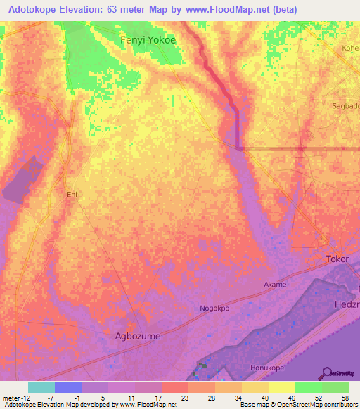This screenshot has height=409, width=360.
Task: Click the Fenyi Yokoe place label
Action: [x=148, y=40]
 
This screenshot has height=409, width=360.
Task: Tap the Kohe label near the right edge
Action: [x=349, y=48]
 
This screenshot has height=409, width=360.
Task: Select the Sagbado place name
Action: [x=345, y=105]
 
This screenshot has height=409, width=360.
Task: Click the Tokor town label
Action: [x=337, y=259]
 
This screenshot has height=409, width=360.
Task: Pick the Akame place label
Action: [x=275, y=285]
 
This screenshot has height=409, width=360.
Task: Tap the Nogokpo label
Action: [x=215, y=308]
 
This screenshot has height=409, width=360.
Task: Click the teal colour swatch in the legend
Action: [x=41, y=387]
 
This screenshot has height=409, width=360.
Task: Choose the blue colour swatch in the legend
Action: [x=67, y=387]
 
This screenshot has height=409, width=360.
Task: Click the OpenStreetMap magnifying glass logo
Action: [x=328, y=372]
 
